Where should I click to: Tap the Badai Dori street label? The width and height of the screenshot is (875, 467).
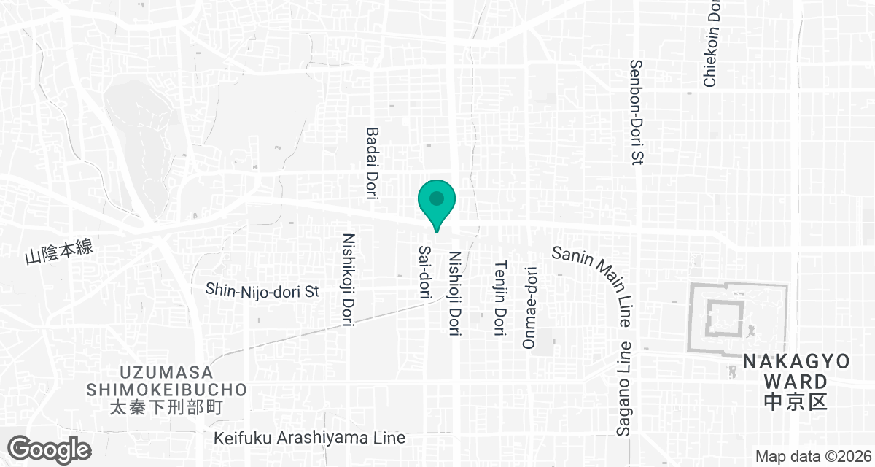point(372,162)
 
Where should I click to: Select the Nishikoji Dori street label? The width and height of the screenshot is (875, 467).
point(348,279)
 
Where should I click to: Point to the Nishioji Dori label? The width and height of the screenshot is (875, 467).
point(455,294)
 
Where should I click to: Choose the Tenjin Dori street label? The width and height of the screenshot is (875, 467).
point(500,298)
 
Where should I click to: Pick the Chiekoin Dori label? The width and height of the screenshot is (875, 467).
point(712,44)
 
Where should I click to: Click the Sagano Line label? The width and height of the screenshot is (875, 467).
point(624,389)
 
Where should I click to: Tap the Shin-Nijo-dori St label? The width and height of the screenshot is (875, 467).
point(263,291)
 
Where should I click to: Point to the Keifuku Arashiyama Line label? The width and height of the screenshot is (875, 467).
point(310,439)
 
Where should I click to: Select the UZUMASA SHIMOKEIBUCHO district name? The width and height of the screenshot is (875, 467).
point(167,381)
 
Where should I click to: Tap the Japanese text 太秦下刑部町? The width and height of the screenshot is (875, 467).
point(167,407)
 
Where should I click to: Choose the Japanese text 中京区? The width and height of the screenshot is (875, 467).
point(796,401)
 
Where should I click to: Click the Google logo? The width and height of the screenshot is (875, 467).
point(50,448)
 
